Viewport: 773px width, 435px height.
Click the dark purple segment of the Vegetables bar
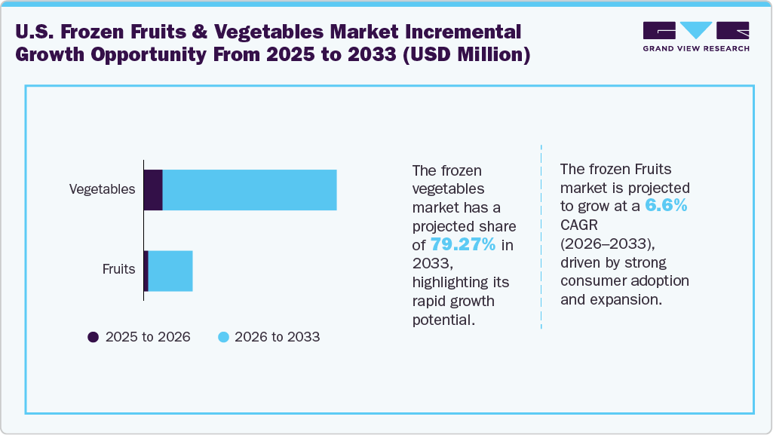(153, 190)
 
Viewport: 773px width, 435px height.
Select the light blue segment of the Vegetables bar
(249, 190)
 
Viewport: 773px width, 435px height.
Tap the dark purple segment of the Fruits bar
(146, 271)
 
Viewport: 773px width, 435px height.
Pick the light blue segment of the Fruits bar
(170, 271)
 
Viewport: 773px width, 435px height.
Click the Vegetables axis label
(102, 189)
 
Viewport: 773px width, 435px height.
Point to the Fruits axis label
(118, 269)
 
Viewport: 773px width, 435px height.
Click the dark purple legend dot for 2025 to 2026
(94, 337)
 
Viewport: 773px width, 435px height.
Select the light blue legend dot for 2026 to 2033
(223, 337)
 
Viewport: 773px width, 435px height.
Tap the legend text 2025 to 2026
(148, 337)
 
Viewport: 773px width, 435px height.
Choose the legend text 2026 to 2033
(278, 337)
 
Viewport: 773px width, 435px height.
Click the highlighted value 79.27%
(463, 244)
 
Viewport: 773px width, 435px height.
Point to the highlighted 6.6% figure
(666, 206)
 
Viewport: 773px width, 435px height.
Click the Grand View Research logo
(696, 35)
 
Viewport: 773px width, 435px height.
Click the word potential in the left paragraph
(443, 319)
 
